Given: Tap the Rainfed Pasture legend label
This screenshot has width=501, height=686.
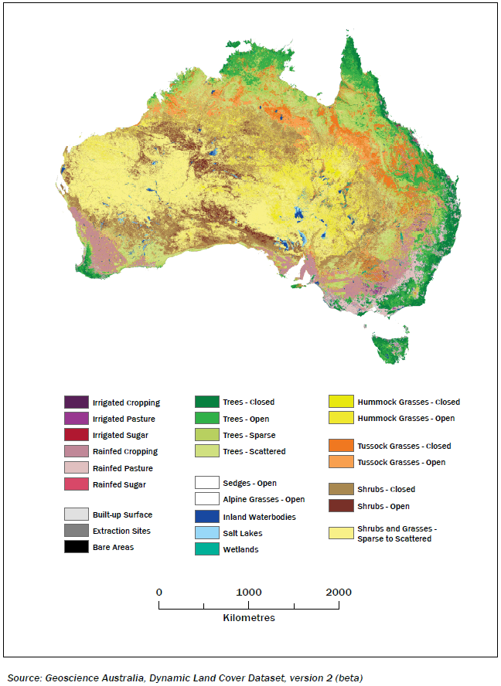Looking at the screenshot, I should click(122, 468).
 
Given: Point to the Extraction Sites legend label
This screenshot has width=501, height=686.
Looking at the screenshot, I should click(121, 531).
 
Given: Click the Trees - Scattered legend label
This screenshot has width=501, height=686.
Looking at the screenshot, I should click(254, 451).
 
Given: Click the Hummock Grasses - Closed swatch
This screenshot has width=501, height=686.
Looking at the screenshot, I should click(341, 402).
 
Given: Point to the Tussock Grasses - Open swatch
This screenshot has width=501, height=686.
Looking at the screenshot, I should click(341, 462).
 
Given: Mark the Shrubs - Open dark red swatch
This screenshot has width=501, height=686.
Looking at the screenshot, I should click(341, 506).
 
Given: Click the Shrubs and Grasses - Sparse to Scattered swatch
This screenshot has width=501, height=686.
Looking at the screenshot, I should click(341, 533).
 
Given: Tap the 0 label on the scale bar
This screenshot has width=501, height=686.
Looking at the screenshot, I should click(159, 593).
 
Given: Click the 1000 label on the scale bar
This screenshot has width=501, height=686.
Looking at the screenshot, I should click(248, 593).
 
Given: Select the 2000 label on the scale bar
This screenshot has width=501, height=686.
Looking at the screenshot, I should click(338, 593).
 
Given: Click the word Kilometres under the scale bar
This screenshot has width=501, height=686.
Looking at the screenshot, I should click(248, 618).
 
